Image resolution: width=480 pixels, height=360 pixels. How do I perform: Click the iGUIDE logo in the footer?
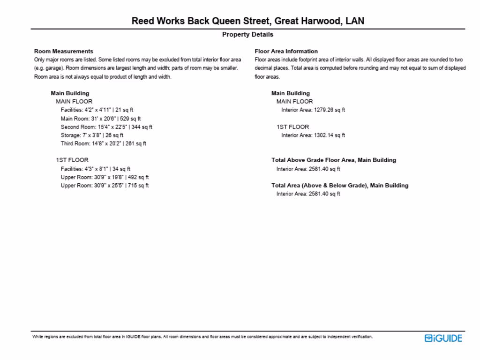click(x=443, y=338)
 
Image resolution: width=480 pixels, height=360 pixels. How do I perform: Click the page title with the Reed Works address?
click(x=247, y=21)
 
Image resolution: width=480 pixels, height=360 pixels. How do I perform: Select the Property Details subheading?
click(x=247, y=35)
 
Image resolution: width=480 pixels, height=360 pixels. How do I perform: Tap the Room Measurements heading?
click(x=64, y=51)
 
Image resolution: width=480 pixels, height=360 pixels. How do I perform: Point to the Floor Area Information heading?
click(x=286, y=51)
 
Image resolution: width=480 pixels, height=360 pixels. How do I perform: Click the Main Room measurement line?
click(x=100, y=119)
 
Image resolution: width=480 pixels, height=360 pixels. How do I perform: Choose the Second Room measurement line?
click(x=106, y=127)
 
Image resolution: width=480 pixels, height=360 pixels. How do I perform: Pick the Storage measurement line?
click(x=92, y=135)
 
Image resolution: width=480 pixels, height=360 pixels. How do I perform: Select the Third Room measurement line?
click(x=103, y=144)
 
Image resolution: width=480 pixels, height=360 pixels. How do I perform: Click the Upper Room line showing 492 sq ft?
click(x=105, y=177)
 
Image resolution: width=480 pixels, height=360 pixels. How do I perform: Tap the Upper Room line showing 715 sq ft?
click(x=105, y=186)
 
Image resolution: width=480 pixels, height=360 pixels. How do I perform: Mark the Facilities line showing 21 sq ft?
click(x=97, y=110)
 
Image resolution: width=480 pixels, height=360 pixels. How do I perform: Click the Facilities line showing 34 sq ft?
click(x=96, y=169)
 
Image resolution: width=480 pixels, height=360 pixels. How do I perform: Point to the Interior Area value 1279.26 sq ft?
click(x=313, y=110)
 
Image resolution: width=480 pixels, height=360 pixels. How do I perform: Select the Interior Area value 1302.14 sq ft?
click(x=313, y=135)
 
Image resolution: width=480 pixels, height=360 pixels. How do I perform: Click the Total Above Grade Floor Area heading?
click(x=333, y=160)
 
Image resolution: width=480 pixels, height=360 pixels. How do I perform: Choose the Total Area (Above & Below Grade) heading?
click(x=339, y=186)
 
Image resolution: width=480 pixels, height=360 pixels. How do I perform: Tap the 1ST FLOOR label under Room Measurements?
click(x=72, y=160)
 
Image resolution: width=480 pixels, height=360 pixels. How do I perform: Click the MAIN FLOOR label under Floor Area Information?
click(x=294, y=102)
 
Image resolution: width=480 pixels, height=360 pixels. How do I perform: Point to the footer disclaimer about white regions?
click(x=202, y=337)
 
